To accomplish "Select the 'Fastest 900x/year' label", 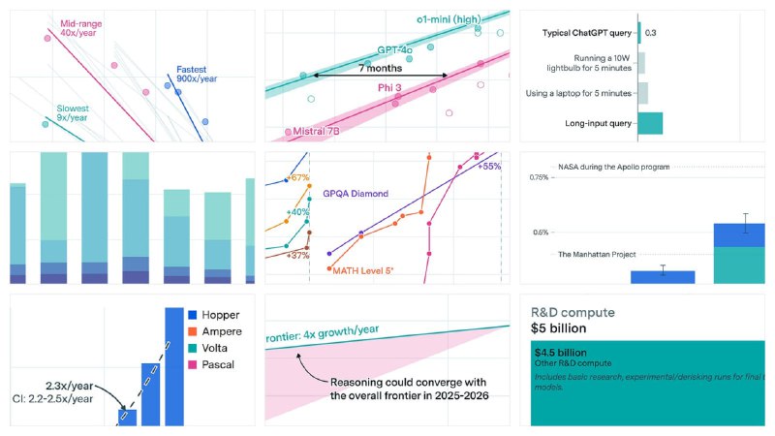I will [x=196, y=76].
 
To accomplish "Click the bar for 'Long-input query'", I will [x=649, y=123].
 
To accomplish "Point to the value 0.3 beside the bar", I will [x=652, y=33].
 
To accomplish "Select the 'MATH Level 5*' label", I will [x=362, y=270].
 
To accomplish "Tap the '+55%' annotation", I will [x=489, y=167].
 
